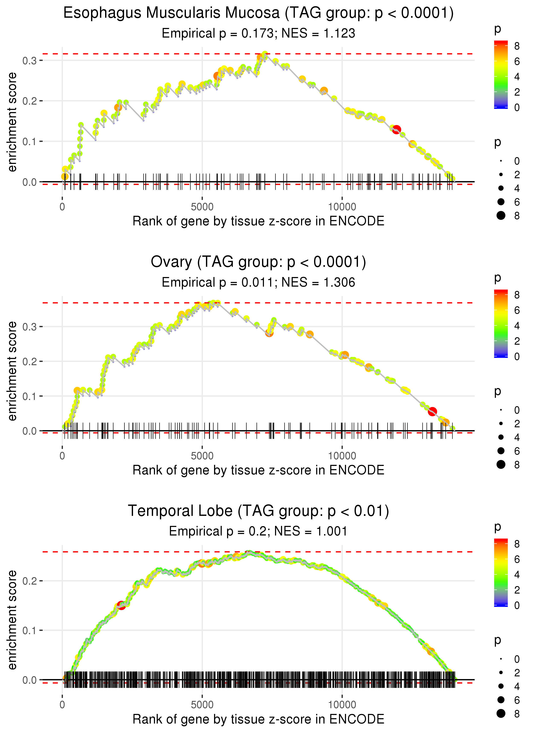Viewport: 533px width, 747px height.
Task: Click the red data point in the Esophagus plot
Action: (397, 129)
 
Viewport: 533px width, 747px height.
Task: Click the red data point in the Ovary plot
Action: (432, 411)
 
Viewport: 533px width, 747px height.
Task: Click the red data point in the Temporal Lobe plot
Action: (121, 605)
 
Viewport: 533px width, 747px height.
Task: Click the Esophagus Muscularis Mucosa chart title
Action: (258, 13)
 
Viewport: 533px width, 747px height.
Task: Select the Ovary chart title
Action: (258, 262)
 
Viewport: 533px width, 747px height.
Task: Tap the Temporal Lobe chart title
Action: (258, 511)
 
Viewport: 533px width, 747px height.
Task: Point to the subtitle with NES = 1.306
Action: (258, 283)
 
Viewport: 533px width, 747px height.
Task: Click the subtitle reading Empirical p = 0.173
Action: (258, 34)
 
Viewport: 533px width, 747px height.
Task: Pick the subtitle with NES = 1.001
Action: (258, 531)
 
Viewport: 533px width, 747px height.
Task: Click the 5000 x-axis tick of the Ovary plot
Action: (202, 456)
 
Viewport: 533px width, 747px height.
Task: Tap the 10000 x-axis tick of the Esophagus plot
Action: (342, 207)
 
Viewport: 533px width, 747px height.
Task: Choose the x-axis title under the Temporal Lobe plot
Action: (258, 719)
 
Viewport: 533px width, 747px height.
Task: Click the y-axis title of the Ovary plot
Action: (12, 371)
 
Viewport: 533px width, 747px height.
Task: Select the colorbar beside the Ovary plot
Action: (501, 324)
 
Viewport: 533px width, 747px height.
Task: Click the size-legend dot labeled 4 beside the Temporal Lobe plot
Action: (501, 686)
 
